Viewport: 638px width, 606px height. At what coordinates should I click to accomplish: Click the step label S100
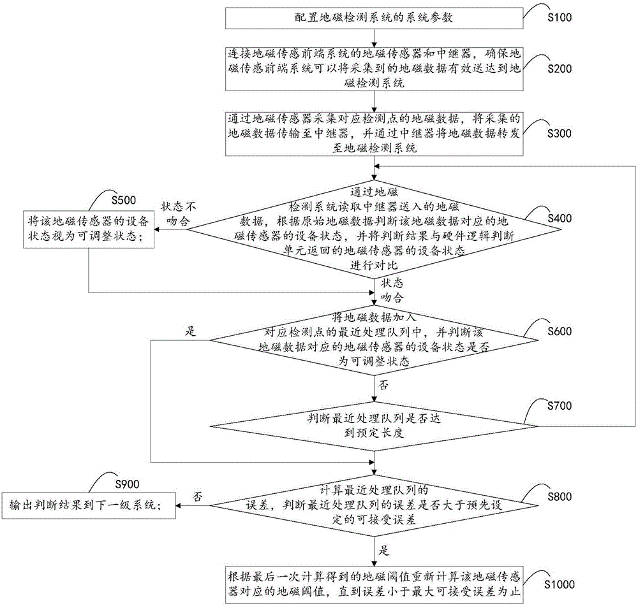coord(560,17)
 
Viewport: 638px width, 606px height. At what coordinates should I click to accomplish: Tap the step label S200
coord(560,69)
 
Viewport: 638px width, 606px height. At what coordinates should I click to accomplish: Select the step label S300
coord(560,134)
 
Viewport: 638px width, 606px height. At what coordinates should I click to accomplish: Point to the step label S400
coord(560,219)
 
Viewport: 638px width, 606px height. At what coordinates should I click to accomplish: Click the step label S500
coord(124,200)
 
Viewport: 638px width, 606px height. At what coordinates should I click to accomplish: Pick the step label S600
coord(560,331)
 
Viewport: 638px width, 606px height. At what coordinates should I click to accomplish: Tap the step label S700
coord(560,406)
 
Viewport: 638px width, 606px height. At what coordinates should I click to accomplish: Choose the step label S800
coord(560,496)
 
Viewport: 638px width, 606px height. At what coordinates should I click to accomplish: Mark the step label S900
coord(127,484)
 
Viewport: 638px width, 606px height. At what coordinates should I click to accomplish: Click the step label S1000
coord(560,584)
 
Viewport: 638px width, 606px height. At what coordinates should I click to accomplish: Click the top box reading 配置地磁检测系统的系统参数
coord(375,18)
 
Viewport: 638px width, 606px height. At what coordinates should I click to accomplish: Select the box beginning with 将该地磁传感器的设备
coord(89,229)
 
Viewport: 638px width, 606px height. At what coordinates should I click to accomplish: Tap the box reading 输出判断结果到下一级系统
coord(89,505)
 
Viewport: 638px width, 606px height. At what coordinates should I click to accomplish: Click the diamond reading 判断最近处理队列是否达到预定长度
coord(373,426)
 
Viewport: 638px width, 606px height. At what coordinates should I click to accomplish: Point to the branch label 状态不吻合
coord(178,214)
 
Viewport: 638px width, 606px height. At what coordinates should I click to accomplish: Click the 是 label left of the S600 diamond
coord(190,331)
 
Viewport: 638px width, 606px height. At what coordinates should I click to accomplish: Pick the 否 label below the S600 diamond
coord(383,384)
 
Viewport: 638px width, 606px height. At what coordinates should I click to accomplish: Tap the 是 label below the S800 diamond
coord(383,551)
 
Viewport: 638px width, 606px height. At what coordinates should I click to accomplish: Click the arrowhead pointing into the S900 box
coord(179,505)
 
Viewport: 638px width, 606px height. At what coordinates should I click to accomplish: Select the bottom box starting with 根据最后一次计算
coord(375,584)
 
